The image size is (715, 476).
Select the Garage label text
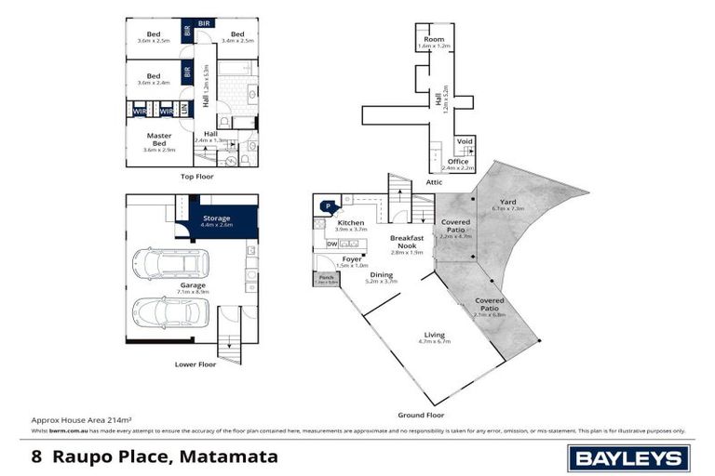pyautogui.click(x=194, y=285)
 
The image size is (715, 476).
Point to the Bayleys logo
pyautogui.click(x=629, y=457)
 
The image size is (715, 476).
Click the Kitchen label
pyautogui.click(x=351, y=223)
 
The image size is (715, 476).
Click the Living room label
pyautogui.click(x=435, y=335)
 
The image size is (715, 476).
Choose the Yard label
pyautogui.click(x=507, y=202)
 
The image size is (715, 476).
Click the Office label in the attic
pyautogui.click(x=458, y=162)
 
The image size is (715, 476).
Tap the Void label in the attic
pyautogui.click(x=465, y=142)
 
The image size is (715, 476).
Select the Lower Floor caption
pyautogui.click(x=196, y=364)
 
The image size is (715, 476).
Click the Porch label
pyautogui.click(x=327, y=277)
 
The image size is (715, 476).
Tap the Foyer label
pyautogui.click(x=352, y=258)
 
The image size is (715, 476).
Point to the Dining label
pyautogui.click(x=381, y=275)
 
